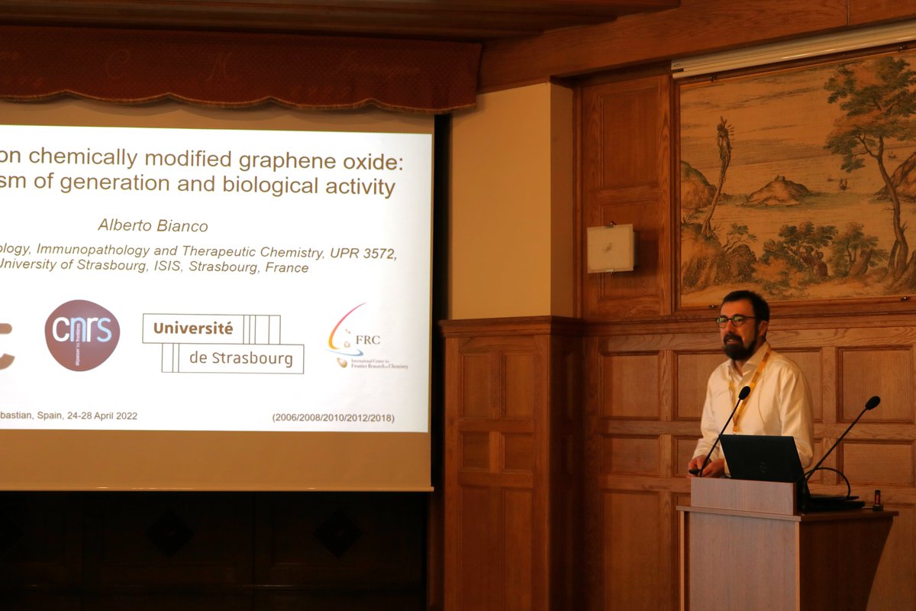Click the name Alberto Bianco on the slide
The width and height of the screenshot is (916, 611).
(153, 225)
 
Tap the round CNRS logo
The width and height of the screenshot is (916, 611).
(82, 335)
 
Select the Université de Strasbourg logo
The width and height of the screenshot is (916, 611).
(223, 344)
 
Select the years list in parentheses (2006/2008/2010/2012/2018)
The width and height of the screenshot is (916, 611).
(333, 418)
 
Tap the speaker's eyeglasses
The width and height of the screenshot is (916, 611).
(734, 321)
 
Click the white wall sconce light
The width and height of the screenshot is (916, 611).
(610, 248)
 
